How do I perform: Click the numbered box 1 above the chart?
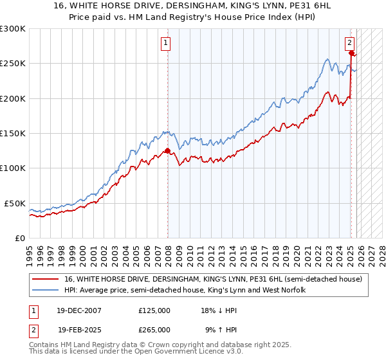[x=166, y=43]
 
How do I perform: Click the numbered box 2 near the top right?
[x=349, y=43]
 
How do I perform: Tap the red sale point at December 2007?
[x=168, y=151]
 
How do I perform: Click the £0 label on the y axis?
[x=19, y=238]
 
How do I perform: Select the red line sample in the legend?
[x=46, y=280]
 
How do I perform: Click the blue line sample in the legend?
[x=46, y=291]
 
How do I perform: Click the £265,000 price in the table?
[x=154, y=329]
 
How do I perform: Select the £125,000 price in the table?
[x=154, y=310]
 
